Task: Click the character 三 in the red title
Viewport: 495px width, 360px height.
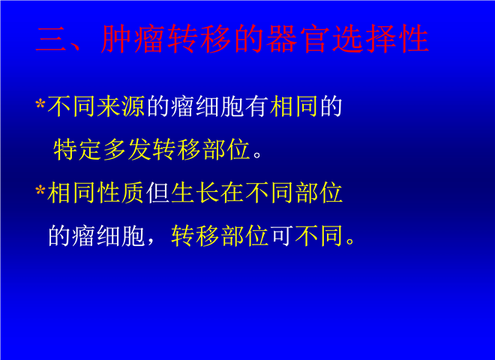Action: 51,39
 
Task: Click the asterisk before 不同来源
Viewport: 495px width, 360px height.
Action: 40,103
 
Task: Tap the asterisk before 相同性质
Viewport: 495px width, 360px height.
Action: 40,190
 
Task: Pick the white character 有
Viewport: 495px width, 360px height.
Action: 256,106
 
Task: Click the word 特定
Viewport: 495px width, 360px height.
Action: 77,150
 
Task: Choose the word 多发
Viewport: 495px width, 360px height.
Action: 127,150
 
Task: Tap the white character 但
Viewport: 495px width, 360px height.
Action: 157,193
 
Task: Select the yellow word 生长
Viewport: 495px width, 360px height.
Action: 194,193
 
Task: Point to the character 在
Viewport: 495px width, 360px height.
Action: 232,193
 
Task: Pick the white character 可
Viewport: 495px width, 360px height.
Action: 281,236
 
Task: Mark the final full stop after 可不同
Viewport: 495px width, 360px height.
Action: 349,241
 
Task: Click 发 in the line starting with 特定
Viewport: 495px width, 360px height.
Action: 139,150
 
